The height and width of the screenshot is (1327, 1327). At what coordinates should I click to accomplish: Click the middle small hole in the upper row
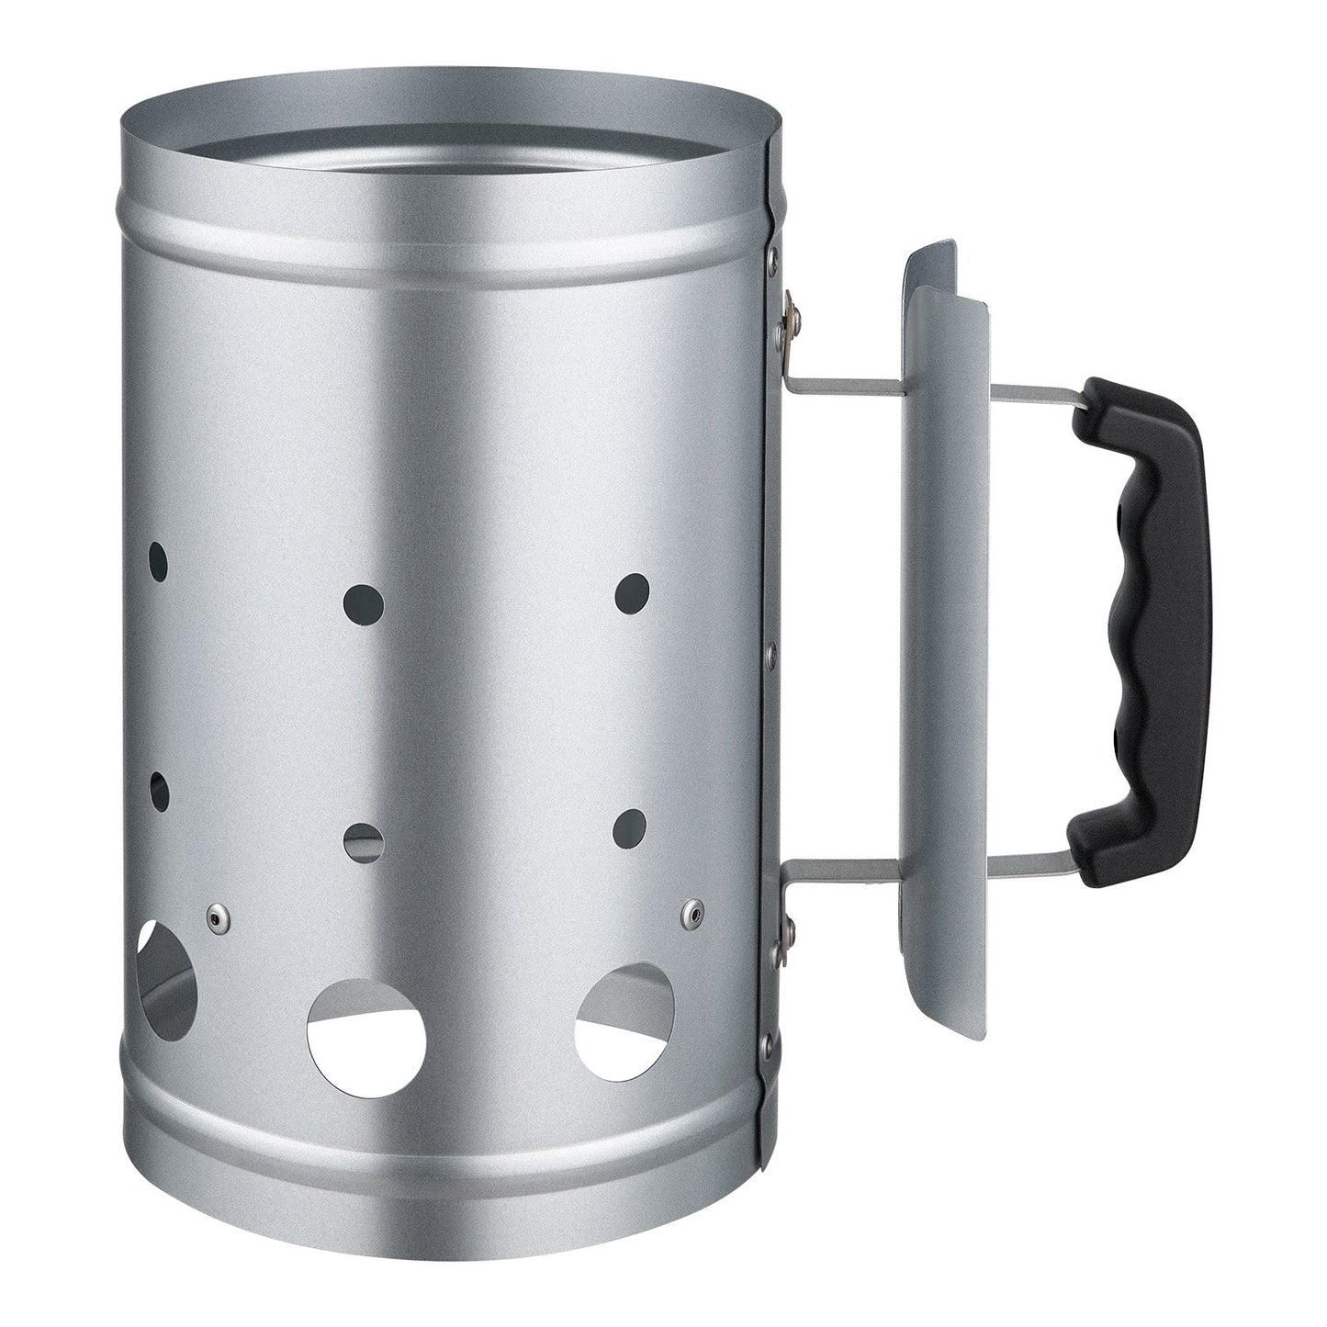[362, 602]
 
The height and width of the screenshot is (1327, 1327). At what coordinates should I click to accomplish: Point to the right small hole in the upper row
[632, 589]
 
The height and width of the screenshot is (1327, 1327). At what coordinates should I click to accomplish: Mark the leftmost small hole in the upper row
[159, 560]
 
